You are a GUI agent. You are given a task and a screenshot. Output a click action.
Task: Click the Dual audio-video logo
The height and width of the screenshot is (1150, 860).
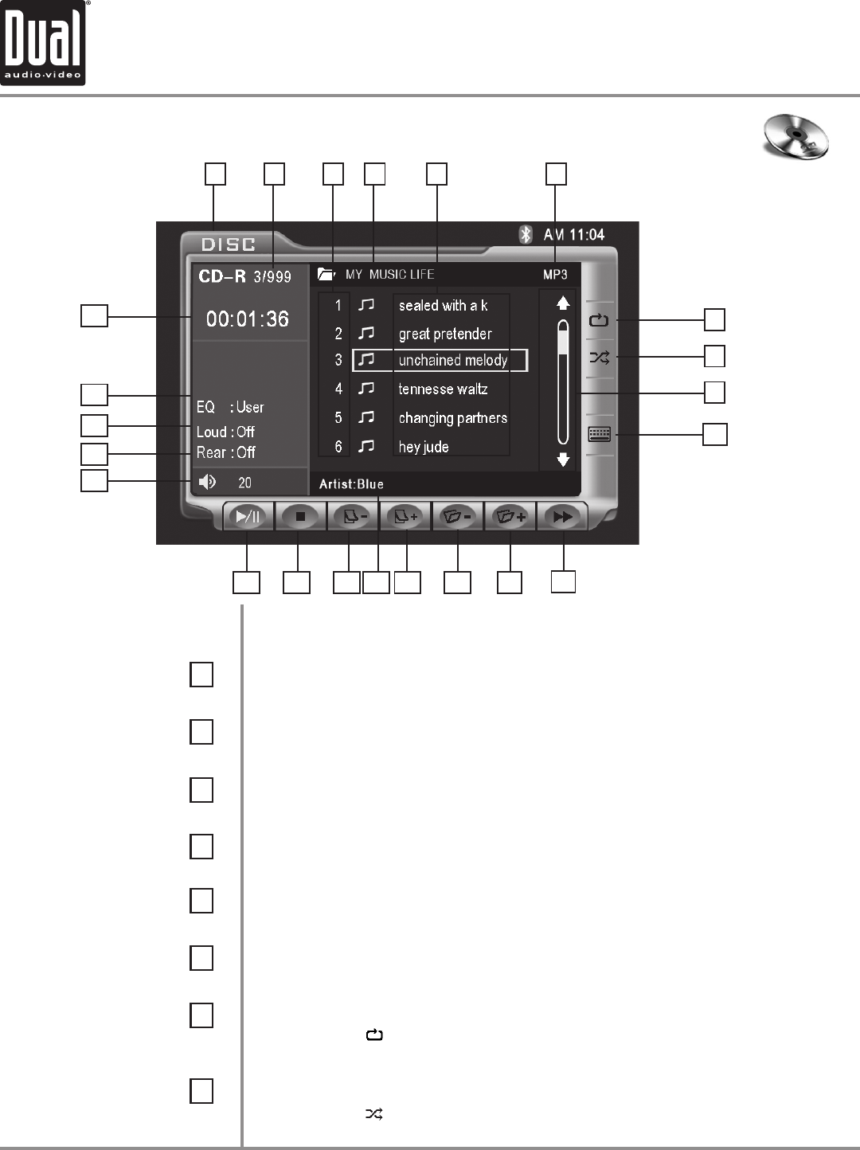tap(43, 43)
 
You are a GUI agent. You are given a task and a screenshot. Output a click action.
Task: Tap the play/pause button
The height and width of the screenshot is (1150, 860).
tap(248, 517)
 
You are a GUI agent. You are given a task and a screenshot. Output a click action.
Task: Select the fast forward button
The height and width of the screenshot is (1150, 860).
tap(562, 517)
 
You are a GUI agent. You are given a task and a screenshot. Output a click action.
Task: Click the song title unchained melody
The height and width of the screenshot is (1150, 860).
tap(452, 361)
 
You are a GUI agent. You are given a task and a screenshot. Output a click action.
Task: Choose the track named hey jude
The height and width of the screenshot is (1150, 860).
tap(424, 447)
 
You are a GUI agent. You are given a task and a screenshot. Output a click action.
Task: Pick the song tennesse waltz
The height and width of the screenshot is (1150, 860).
tap(443, 389)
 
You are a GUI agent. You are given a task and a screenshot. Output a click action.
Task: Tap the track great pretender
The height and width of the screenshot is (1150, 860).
tap(445, 334)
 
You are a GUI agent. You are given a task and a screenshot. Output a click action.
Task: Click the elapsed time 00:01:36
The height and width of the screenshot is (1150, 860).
tap(248, 319)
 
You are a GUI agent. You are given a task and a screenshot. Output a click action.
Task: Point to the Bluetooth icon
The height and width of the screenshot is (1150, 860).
tap(526, 234)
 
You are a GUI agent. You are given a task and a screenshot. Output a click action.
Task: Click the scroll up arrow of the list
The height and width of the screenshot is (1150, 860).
tap(563, 303)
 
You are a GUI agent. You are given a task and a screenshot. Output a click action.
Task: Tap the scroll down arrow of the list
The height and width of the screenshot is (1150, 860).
tap(563, 460)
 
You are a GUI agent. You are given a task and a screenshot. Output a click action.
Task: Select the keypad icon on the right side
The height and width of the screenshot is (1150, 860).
tap(599, 434)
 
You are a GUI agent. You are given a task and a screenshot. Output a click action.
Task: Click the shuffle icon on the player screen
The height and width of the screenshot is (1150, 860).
tap(599, 358)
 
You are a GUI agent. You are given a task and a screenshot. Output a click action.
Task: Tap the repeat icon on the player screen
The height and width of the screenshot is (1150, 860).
tap(599, 321)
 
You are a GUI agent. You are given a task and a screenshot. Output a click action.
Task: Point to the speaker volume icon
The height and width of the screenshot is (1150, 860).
tap(207, 482)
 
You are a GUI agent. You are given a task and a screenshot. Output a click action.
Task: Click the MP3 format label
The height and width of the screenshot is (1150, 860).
tap(555, 275)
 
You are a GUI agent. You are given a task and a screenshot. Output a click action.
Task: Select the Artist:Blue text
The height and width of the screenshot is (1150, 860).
tap(351, 484)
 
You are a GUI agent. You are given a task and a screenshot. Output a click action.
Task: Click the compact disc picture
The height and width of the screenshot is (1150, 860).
tap(795, 137)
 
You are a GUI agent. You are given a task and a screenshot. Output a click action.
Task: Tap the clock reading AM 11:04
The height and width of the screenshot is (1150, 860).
tap(573, 235)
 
